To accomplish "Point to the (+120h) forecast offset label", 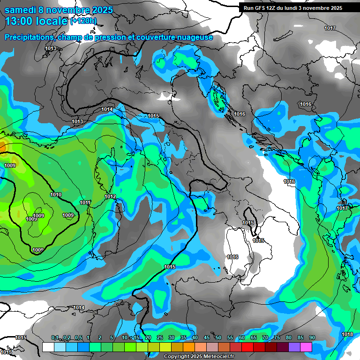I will [84, 21].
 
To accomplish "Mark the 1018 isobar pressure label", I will [347, 334].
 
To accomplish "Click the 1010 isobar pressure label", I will [56, 195].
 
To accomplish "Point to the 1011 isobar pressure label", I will [85, 202].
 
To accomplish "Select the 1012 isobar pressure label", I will [110, 196].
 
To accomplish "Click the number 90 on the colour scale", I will [312, 338].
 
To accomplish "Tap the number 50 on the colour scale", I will [218, 338].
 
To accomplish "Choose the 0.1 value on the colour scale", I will [55, 338].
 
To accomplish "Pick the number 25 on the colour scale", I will [160, 338].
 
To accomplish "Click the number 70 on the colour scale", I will [265, 338].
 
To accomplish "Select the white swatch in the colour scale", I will [48, 347].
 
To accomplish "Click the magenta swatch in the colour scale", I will [306, 347].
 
